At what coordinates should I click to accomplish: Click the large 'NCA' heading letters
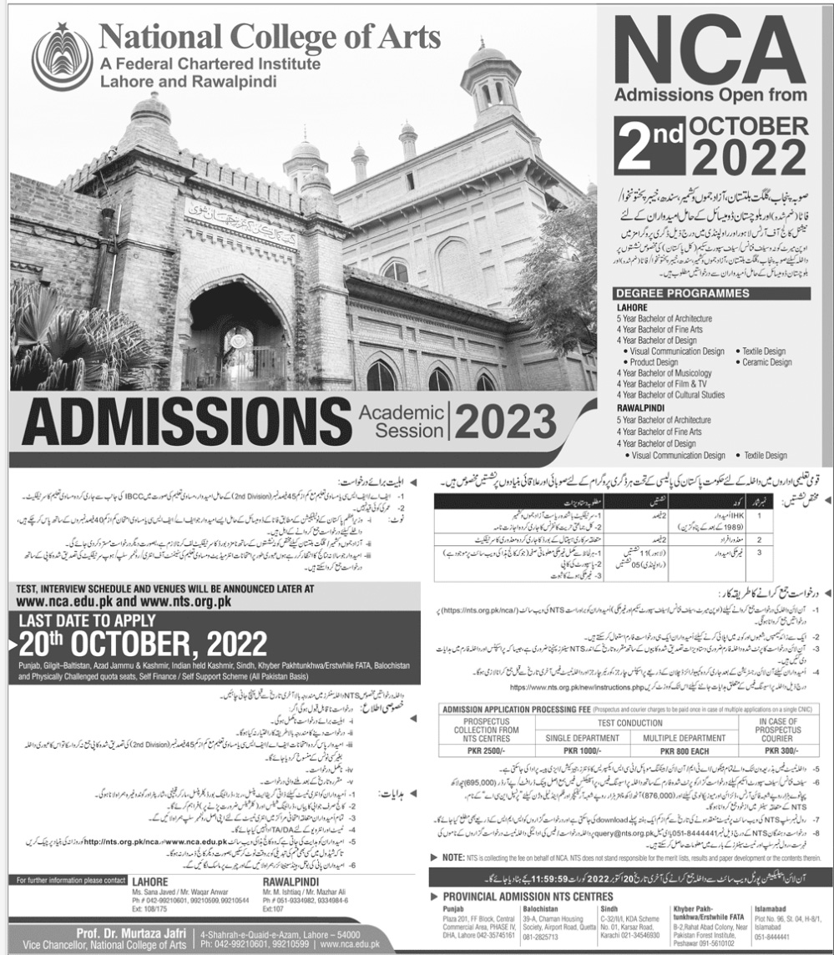(x=710, y=49)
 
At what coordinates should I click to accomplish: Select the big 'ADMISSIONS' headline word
(x=187, y=424)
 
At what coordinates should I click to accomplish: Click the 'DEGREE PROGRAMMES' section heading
(x=682, y=294)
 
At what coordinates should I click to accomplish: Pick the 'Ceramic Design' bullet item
(x=766, y=362)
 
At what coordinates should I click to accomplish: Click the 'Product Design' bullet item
(x=654, y=362)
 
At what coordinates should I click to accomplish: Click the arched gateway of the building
(x=235, y=334)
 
